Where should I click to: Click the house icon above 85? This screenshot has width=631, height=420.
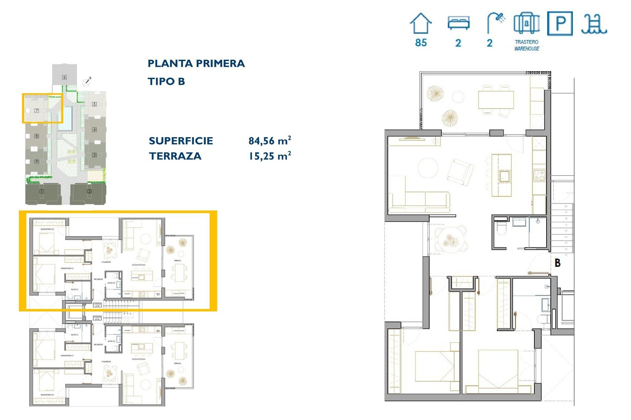421,24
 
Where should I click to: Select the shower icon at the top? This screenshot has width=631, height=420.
496,22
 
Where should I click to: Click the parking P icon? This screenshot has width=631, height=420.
560,24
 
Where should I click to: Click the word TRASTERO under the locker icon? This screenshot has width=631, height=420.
526,42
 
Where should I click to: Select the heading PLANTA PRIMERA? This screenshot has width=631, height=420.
196,63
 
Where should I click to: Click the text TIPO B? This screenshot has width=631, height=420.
166,81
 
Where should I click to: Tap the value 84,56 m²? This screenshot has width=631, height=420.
269,141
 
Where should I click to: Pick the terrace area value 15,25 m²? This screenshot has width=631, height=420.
269,156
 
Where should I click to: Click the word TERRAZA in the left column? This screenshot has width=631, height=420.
175,156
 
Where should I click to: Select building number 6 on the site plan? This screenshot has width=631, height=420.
64,77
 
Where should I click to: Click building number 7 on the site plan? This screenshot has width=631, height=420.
37,111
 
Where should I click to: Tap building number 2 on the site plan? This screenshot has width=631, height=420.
89,191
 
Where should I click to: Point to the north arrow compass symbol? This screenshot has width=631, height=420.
87,82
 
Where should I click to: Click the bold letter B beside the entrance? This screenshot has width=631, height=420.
557,263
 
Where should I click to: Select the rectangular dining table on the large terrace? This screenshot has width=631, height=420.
496,100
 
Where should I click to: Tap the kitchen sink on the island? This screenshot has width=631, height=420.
504,176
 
